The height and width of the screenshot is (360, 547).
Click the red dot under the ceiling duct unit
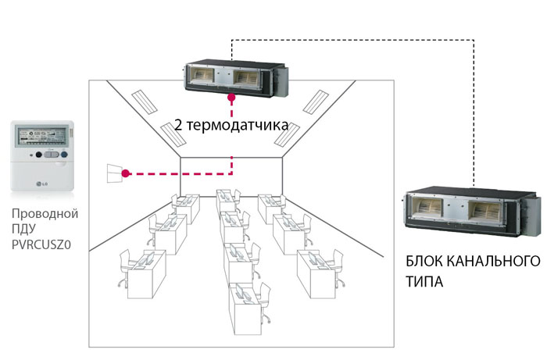click(231, 99)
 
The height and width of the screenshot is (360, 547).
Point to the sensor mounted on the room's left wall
click(116, 173)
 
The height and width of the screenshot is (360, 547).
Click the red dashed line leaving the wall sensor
click(180, 173)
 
